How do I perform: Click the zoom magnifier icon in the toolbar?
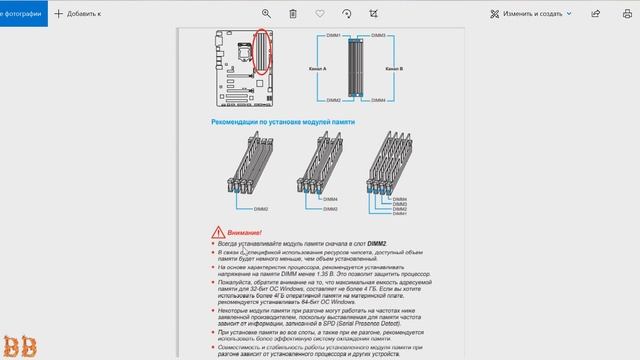266,14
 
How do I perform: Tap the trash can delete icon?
293,14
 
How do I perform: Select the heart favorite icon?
319,14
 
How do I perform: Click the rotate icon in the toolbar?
346,14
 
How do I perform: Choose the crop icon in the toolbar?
373,14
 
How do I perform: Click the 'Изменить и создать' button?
531,14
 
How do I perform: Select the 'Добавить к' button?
78,14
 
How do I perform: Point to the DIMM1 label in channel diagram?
332,35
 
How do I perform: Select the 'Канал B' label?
393,69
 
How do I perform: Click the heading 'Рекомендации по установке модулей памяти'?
283,122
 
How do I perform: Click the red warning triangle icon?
217,230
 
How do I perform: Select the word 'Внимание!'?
244,231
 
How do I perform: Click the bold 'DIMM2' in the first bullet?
376,243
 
